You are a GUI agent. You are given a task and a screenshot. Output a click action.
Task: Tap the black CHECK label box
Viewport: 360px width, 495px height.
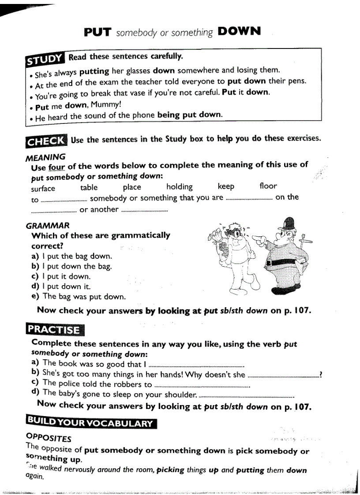[x=46, y=141]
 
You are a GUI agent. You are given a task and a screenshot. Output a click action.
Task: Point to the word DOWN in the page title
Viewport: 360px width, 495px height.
[x=239, y=31]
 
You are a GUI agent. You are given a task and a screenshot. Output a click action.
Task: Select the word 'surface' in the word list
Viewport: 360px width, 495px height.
[x=43, y=189]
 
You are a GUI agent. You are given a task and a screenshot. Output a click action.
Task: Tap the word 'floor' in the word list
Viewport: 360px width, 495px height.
[x=268, y=186]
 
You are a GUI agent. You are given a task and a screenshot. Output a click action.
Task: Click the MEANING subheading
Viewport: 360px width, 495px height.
[x=45, y=157]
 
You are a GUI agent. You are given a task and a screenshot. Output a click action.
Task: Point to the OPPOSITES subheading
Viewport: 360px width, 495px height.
[x=49, y=438]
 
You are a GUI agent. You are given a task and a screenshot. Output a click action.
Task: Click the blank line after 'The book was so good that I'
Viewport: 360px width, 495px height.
[x=197, y=365]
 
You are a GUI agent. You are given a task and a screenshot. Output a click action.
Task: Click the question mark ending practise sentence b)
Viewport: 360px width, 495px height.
[x=321, y=375]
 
